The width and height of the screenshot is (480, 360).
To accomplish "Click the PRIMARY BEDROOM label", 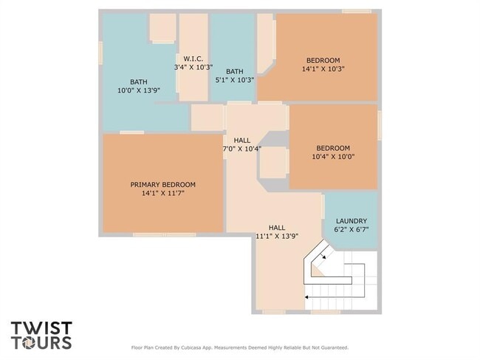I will (x=162, y=184).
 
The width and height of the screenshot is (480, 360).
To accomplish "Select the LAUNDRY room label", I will (x=352, y=221).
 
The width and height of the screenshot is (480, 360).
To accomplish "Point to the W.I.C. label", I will (x=193, y=59).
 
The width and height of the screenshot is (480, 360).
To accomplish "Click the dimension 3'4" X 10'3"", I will (x=193, y=67).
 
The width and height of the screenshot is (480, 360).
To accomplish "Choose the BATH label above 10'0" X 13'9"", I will (x=139, y=81).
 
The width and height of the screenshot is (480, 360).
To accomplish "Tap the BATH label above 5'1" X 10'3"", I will (x=235, y=72).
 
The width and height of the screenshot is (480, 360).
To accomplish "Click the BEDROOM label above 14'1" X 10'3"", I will (x=323, y=60).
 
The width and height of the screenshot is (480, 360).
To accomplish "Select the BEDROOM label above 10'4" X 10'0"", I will (x=333, y=148).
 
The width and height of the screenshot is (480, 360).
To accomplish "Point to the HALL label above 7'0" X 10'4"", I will (x=241, y=140).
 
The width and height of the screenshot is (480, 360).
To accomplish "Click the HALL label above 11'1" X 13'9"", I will (x=277, y=228).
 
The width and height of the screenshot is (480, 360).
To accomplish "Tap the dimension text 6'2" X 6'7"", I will (x=352, y=230).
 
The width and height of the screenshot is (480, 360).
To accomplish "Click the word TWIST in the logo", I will (x=41, y=327).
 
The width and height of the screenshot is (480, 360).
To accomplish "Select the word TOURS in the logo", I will (x=41, y=342).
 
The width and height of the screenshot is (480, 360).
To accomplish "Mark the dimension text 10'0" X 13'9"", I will (x=139, y=90).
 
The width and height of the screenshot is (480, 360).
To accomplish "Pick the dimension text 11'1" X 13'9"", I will (x=277, y=237).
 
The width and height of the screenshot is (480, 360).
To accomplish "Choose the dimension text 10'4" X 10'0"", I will (x=333, y=157).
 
